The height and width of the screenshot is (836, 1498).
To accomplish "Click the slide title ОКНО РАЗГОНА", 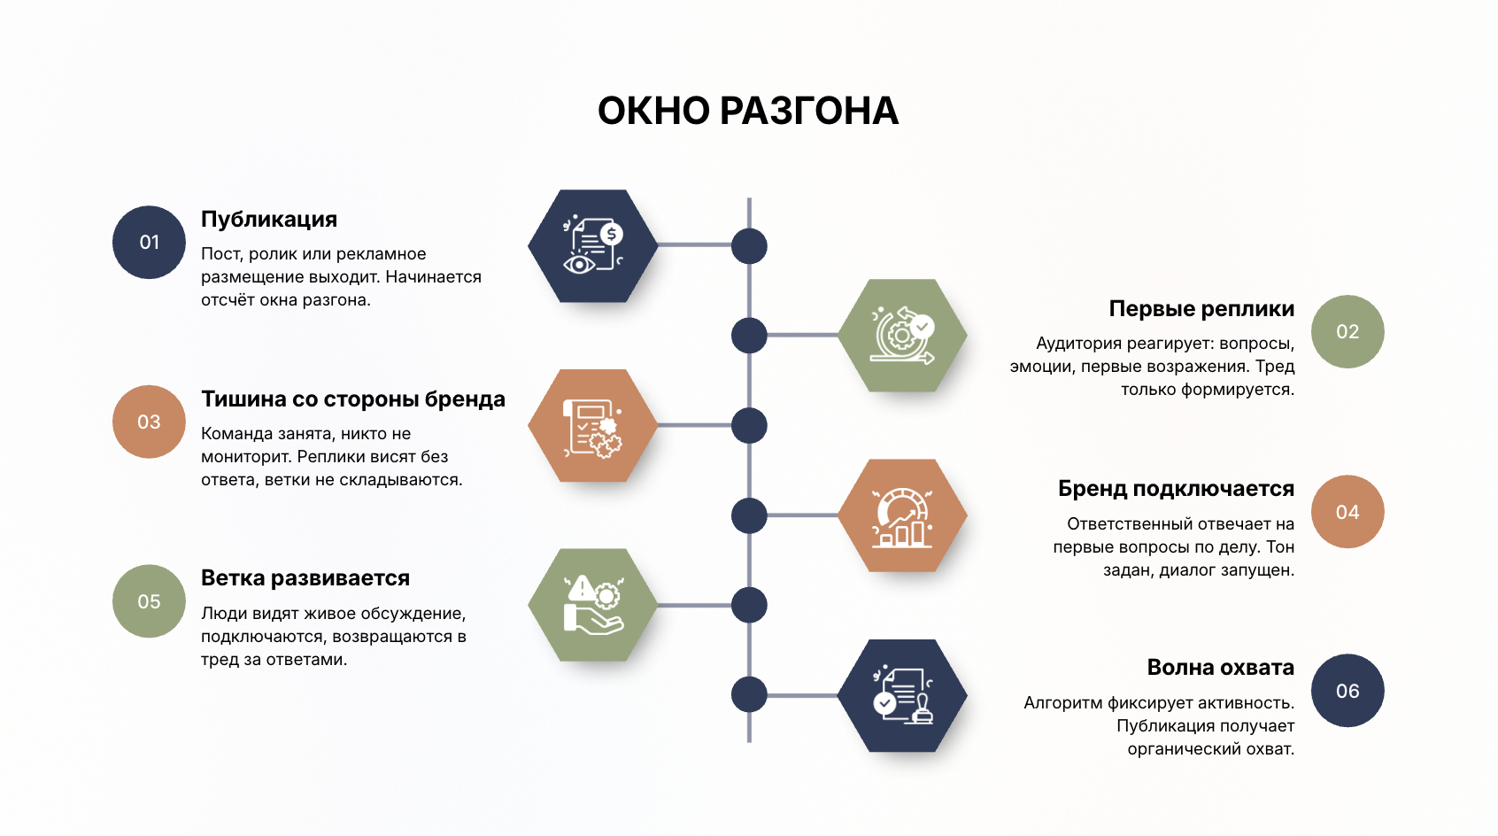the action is tap(747, 111).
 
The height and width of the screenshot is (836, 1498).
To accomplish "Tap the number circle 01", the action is tap(149, 242).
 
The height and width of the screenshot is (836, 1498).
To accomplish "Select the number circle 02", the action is tap(1347, 332).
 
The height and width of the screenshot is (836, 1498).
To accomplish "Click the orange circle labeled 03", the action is tap(149, 422).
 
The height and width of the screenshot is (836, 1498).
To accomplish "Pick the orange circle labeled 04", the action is tap(1347, 512).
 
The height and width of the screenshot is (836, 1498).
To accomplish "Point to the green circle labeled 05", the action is tap(149, 601).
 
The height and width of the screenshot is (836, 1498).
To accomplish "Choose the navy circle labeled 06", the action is tap(1347, 691).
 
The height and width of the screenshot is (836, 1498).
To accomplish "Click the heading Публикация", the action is tap(269, 220).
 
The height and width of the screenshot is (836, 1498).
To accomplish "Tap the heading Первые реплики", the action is tap(1201, 308).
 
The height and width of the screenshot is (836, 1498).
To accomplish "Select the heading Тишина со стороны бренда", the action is tap(353, 399).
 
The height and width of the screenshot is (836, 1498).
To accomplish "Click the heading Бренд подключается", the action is tap(1177, 489).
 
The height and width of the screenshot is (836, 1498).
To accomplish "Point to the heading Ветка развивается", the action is tap(305, 577).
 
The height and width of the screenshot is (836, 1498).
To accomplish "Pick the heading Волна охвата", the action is tap(1221, 668).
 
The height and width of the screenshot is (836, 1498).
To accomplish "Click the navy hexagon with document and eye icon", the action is tap(593, 245).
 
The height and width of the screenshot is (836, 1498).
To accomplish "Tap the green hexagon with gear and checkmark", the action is tap(902, 335).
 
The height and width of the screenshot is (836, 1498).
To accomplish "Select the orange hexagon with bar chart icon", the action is tap(902, 515).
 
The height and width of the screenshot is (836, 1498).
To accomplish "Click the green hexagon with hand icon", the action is tap(593, 605).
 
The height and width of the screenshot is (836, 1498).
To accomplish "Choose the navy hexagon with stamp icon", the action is tap(902, 695).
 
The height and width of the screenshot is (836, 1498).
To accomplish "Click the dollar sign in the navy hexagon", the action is tap(611, 234).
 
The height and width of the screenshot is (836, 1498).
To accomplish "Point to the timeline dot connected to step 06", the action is tap(749, 694).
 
